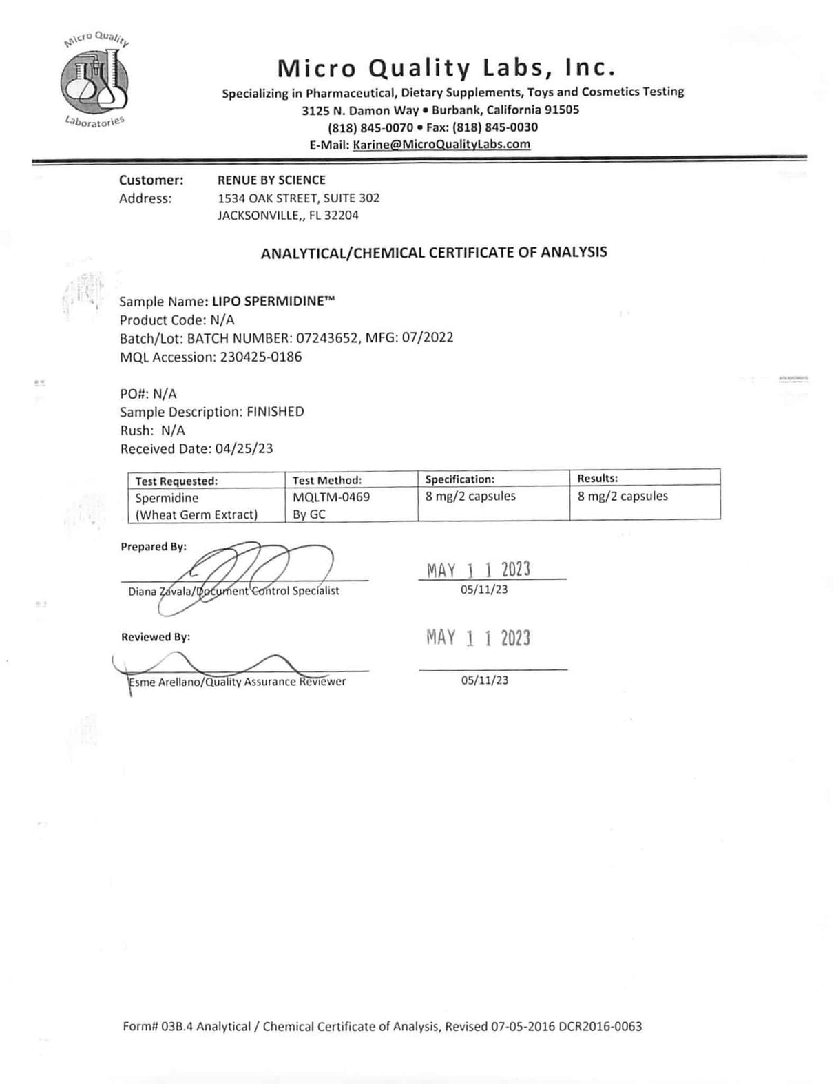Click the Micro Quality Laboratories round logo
point(94,81)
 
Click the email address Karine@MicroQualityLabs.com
point(441,145)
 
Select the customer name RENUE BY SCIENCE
point(271,180)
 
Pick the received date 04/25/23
point(244,449)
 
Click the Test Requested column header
point(176,481)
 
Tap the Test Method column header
point(327,481)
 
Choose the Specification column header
point(460,479)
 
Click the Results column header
point(597,478)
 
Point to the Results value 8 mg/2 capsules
point(623,497)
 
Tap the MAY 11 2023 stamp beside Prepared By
point(479,570)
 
